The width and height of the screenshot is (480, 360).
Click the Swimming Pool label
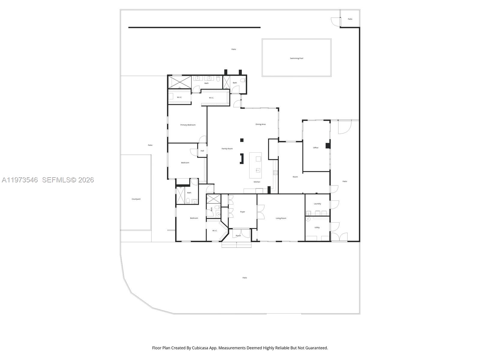pos(296,58)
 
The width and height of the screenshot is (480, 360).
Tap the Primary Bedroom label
pos(188,125)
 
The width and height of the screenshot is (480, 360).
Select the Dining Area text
pos(260,124)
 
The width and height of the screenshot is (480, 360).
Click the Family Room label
pos(227,148)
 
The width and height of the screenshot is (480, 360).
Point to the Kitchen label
pos(257,182)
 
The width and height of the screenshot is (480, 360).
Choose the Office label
pos(316,148)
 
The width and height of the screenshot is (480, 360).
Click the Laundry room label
pos(317,204)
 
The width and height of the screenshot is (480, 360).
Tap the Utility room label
pos(317,227)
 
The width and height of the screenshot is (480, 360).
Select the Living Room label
pos(281,218)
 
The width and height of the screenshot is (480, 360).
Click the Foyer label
pos(242,212)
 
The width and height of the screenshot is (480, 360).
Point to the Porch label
pos(238,235)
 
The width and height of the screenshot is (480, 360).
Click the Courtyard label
pos(136,199)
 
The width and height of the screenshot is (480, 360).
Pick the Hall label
pos(202,151)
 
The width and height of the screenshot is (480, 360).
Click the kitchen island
pos(256,165)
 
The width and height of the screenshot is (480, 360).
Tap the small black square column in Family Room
pos(242,140)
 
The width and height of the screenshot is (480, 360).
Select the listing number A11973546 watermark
pos(20,180)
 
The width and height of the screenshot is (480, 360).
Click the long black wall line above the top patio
pos(194,28)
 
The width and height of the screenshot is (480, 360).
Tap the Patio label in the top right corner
pos(350,19)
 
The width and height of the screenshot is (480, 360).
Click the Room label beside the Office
pos(295,177)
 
